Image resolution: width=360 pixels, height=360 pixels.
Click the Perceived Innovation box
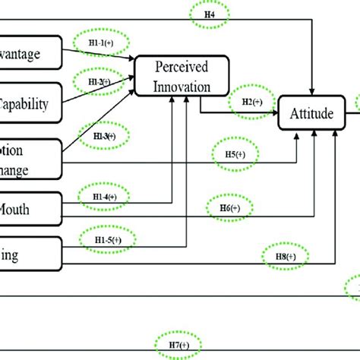click(182, 77)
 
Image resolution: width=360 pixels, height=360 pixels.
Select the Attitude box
click(311, 115)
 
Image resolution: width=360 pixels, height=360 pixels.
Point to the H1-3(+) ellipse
click(106, 136)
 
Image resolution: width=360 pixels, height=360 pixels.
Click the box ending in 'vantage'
click(30, 53)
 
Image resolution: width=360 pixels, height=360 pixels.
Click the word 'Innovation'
click(182, 86)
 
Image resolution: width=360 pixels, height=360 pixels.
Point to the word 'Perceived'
click(182, 68)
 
